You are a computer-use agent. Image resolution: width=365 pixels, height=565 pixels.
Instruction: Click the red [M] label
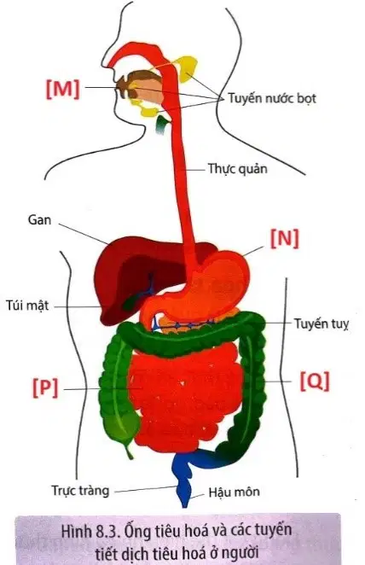62,88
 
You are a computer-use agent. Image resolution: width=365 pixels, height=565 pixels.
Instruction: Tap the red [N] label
285,238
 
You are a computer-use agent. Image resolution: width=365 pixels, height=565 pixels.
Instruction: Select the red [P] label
45,387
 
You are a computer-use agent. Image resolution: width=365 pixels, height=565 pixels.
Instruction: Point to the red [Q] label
315,381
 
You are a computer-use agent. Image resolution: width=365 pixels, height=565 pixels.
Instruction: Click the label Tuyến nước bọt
272,98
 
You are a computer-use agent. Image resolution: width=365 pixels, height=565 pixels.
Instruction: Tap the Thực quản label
238,169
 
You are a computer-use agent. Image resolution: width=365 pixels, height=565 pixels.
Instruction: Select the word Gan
39,220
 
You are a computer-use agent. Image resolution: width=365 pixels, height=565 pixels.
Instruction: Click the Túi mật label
27,306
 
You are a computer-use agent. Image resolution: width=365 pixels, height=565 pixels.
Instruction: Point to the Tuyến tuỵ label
322,323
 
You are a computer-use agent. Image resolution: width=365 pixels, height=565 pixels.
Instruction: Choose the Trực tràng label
80,491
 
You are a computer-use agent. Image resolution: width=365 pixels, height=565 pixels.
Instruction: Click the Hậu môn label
235,492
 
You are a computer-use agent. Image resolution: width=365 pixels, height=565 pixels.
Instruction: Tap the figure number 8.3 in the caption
107,532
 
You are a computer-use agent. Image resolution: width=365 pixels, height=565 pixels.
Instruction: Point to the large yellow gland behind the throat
187,68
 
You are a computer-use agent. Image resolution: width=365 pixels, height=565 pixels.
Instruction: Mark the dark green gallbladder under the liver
130,301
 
